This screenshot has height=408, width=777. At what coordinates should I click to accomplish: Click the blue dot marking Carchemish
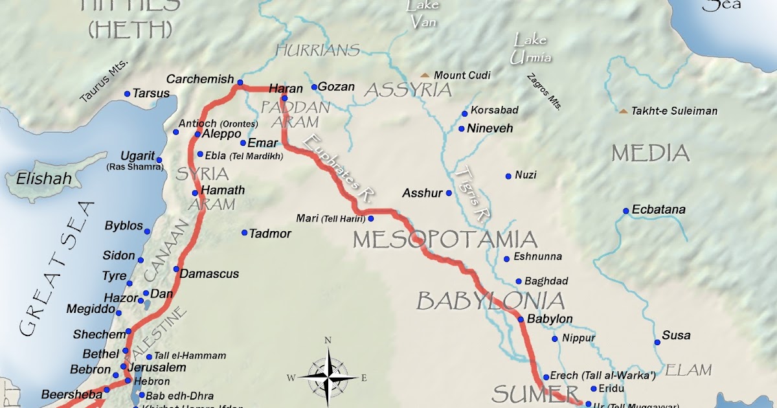tap(240, 82)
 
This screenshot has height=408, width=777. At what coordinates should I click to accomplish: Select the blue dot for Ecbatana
tap(626, 210)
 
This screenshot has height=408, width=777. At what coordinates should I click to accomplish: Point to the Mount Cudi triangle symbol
tap(425, 75)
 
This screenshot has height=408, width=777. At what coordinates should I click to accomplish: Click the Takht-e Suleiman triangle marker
tap(623, 111)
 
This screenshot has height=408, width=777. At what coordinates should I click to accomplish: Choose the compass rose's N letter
tap(328, 341)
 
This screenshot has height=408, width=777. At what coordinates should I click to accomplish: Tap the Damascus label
tap(209, 274)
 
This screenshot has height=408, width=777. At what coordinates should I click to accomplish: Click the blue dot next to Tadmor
tap(244, 232)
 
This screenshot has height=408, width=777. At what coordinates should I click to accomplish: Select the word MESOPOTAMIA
tap(445, 240)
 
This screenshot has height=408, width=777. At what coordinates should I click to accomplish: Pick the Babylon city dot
tap(521, 319)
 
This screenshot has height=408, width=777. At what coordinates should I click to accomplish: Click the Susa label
tap(676, 335)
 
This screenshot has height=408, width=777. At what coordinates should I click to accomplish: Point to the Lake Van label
tap(423, 14)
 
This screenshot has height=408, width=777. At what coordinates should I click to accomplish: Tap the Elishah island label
tap(44, 178)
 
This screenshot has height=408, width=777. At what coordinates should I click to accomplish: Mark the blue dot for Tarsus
tap(127, 94)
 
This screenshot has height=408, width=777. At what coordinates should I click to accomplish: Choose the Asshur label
tap(422, 193)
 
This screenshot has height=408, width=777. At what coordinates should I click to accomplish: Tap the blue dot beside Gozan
tap(314, 87)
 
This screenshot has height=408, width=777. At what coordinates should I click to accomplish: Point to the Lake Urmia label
tap(531, 49)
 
